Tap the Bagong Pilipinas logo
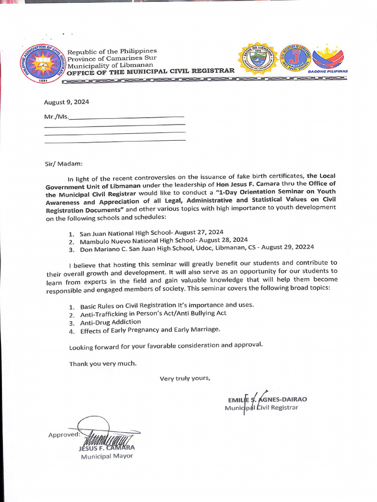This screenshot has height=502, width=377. [x=328, y=59]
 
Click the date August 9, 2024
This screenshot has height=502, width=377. [x=66, y=102]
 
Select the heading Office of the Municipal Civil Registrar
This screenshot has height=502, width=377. [x=151, y=72]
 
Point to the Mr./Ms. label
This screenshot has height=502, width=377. [x=56, y=117]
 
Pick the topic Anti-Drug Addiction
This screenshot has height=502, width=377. [x=110, y=322]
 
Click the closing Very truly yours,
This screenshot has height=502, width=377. [x=185, y=377]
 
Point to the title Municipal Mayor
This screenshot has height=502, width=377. [x=107, y=456]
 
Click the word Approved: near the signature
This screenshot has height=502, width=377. [x=63, y=435]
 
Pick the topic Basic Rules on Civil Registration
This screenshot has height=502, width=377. [x=167, y=305]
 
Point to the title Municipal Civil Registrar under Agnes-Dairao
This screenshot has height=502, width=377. [x=261, y=408]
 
